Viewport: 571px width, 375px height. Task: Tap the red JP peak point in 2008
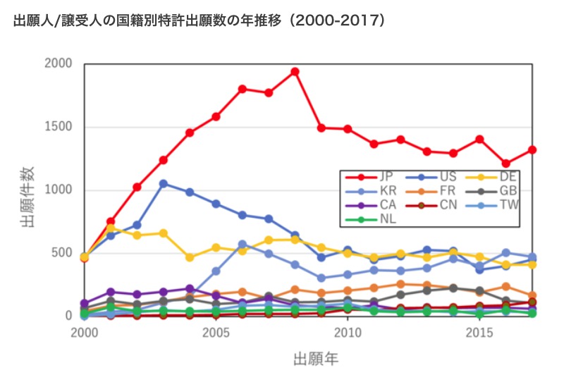tap(295, 72)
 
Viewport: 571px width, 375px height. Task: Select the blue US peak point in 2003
tap(163, 183)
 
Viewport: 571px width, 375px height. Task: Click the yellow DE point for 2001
tap(111, 228)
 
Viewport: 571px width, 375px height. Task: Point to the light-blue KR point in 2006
tap(242, 245)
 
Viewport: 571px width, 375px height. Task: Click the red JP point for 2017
tap(532, 150)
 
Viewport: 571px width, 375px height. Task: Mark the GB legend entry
tap(491, 191)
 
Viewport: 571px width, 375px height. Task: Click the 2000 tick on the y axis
tap(60, 64)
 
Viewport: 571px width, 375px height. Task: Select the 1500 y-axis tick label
tap(60, 128)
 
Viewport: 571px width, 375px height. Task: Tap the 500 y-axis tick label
tap(63, 254)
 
